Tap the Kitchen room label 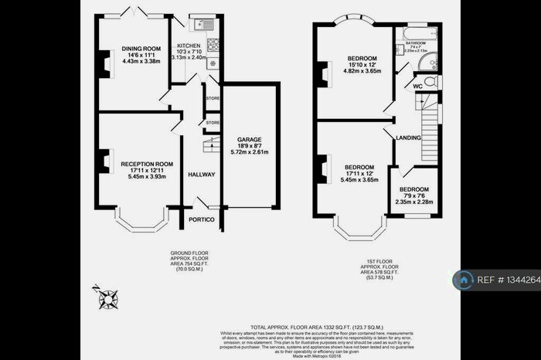coord(189,46)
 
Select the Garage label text coord(248,139)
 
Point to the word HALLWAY coord(202,175)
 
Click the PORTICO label coord(202,219)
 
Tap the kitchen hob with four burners coord(213,43)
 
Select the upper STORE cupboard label coord(213,98)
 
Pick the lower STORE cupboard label coord(213,122)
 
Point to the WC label coord(418,86)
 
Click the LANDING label coord(408,138)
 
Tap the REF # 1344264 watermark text coord(510,280)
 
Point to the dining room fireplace coord(101,61)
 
